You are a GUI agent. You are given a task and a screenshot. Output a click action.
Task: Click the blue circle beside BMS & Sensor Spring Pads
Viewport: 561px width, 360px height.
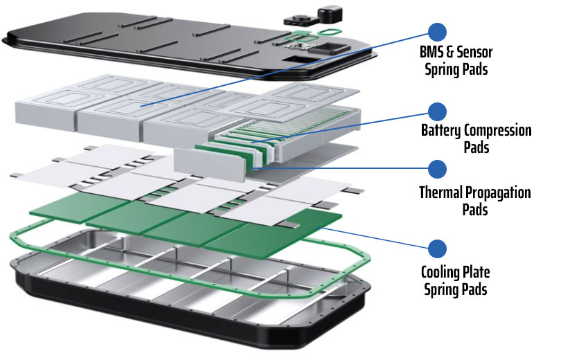(437, 31)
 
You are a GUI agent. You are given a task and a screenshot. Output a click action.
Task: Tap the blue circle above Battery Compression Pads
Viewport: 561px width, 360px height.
(437, 111)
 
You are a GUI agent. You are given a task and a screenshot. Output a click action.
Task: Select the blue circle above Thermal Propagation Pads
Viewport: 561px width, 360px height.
(437, 168)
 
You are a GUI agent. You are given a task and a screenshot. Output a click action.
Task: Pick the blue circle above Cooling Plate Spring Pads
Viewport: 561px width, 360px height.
(437, 247)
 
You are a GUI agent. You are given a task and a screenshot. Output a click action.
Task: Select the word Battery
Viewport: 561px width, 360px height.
(440, 130)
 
